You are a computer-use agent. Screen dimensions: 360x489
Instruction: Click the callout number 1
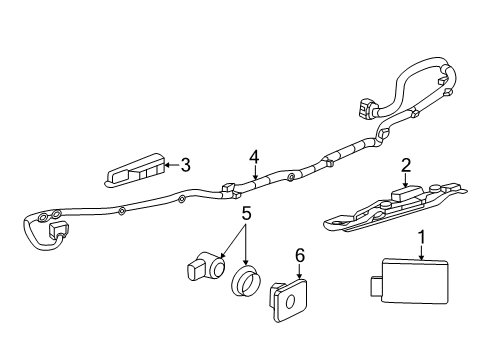point(422,237)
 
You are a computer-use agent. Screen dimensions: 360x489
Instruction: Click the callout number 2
point(406,165)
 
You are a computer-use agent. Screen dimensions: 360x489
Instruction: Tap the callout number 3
point(184,167)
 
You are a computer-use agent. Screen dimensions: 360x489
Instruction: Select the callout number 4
point(254,156)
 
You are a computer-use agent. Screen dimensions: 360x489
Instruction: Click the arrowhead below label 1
point(422,257)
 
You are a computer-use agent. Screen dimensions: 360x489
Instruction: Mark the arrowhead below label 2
point(405,184)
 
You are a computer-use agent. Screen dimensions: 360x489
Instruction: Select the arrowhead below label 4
point(255,177)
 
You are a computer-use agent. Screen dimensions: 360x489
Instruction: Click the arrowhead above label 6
point(299,276)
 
